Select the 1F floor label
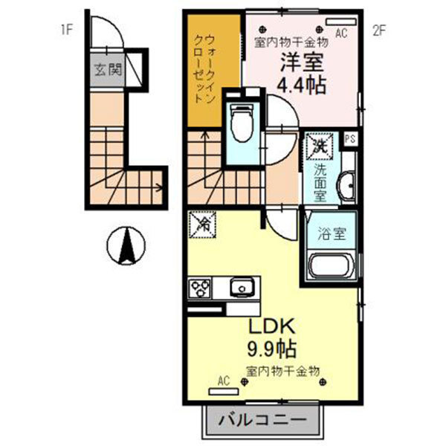pos(68,30)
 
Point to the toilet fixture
pos(241,123)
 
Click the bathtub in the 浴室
pos(329,266)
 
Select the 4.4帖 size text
pos(303,85)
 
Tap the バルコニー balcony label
pos(262,421)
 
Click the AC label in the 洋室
pos(341,32)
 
